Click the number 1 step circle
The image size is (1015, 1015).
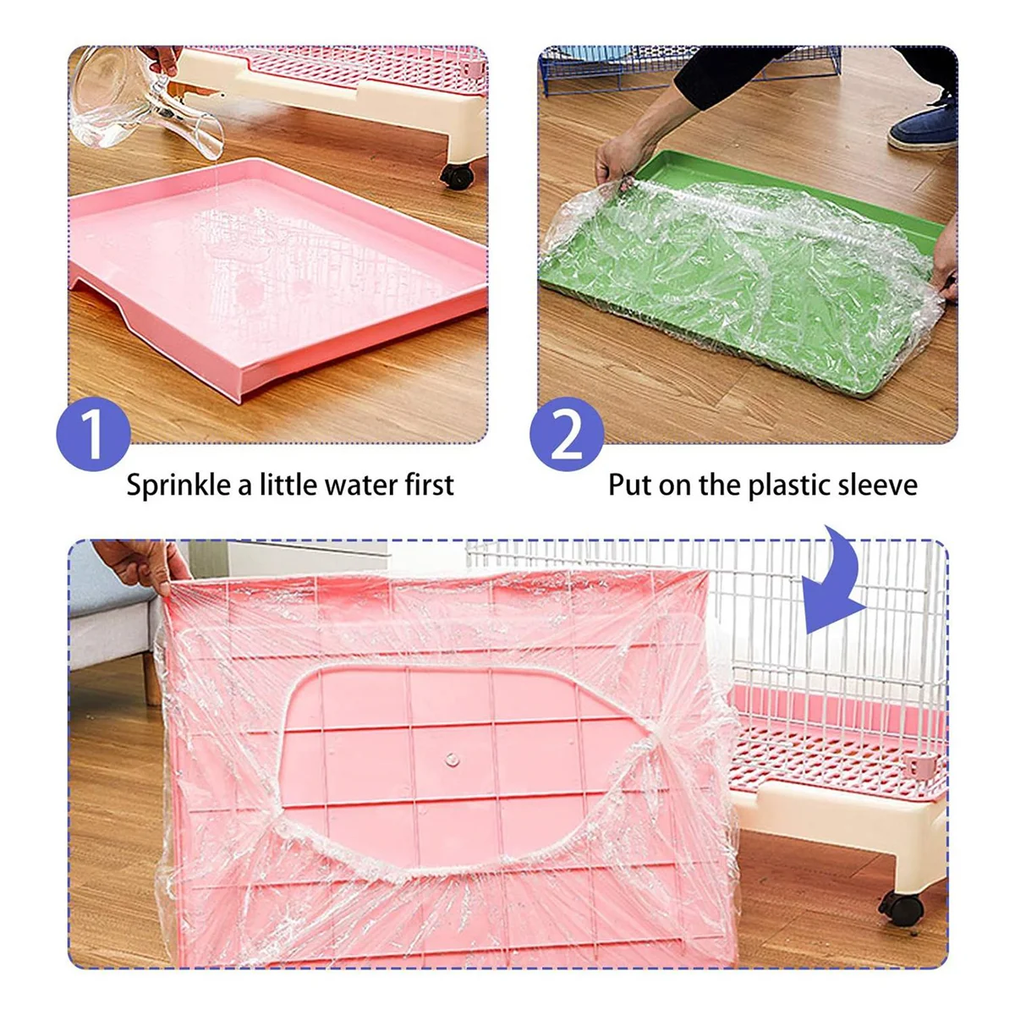pos(93,434)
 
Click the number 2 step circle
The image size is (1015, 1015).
pos(567,434)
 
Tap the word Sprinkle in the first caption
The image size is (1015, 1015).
pos(178,486)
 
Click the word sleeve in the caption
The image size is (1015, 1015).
pos(877,486)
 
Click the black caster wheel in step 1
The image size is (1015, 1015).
pos(457,176)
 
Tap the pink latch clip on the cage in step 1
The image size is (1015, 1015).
pos(476,66)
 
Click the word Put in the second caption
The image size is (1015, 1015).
pos(630,486)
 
